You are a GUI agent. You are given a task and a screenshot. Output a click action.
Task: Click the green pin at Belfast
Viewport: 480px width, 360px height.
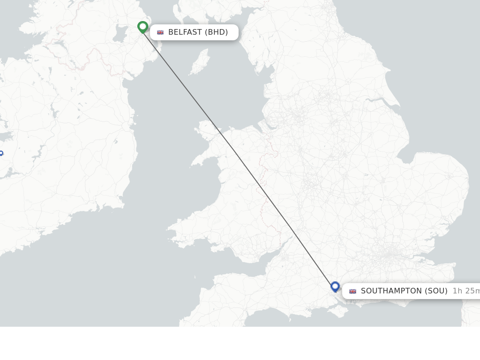(x=143, y=27)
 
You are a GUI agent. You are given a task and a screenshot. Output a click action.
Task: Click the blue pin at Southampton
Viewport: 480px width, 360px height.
(x=335, y=286)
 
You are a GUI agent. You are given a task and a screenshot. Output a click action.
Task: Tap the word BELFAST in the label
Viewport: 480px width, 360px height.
(x=185, y=32)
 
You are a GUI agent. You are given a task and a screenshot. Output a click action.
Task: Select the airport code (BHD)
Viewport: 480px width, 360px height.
(x=216, y=32)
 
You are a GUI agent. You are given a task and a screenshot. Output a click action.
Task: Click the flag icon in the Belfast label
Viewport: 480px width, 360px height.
(x=160, y=32)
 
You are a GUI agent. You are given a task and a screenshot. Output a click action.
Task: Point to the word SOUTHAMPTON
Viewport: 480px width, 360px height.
(x=391, y=291)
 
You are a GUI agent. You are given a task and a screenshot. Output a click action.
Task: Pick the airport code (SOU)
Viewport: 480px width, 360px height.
(x=436, y=291)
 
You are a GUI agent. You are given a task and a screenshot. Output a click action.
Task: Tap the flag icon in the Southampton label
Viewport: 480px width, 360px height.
(x=352, y=291)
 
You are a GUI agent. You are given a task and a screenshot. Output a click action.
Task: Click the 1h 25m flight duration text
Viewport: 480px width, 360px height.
(x=465, y=291)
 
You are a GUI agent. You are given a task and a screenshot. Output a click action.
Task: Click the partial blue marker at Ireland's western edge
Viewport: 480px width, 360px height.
(x=1, y=153)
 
